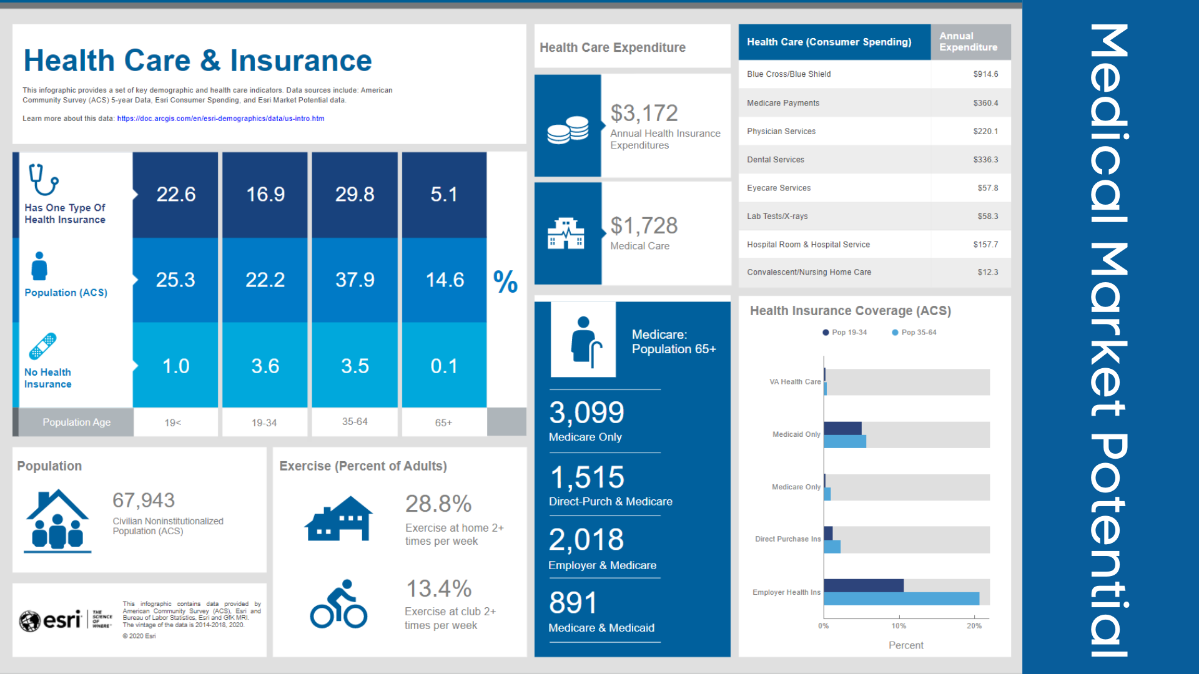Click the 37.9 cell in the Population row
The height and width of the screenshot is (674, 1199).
click(x=355, y=280)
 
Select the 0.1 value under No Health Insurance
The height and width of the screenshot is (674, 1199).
click(x=444, y=366)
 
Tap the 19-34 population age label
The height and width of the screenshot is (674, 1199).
click(x=264, y=422)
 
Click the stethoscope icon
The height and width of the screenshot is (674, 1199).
click(x=43, y=180)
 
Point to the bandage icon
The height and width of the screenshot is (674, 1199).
click(x=42, y=346)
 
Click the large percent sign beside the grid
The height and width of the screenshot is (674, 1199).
click(x=505, y=281)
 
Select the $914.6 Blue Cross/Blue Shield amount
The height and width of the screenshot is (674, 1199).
click(x=985, y=74)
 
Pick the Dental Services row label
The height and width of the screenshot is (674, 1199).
click(x=776, y=160)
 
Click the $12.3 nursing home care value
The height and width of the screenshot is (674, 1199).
click(x=987, y=272)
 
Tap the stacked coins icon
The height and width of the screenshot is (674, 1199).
click(x=568, y=130)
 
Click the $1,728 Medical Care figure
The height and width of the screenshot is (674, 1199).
click(x=644, y=225)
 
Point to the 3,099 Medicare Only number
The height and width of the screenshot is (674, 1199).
click(x=586, y=413)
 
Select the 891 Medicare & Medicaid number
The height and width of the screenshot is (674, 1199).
click(x=573, y=603)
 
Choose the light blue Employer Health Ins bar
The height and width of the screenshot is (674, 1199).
click(x=901, y=599)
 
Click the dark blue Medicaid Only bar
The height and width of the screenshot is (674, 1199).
click(x=842, y=428)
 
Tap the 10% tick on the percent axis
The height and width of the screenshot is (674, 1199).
click(x=899, y=626)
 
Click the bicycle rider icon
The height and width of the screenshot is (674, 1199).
click(x=338, y=604)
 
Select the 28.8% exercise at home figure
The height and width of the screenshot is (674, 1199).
click(x=438, y=504)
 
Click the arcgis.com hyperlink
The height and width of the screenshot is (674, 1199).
click(x=220, y=119)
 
